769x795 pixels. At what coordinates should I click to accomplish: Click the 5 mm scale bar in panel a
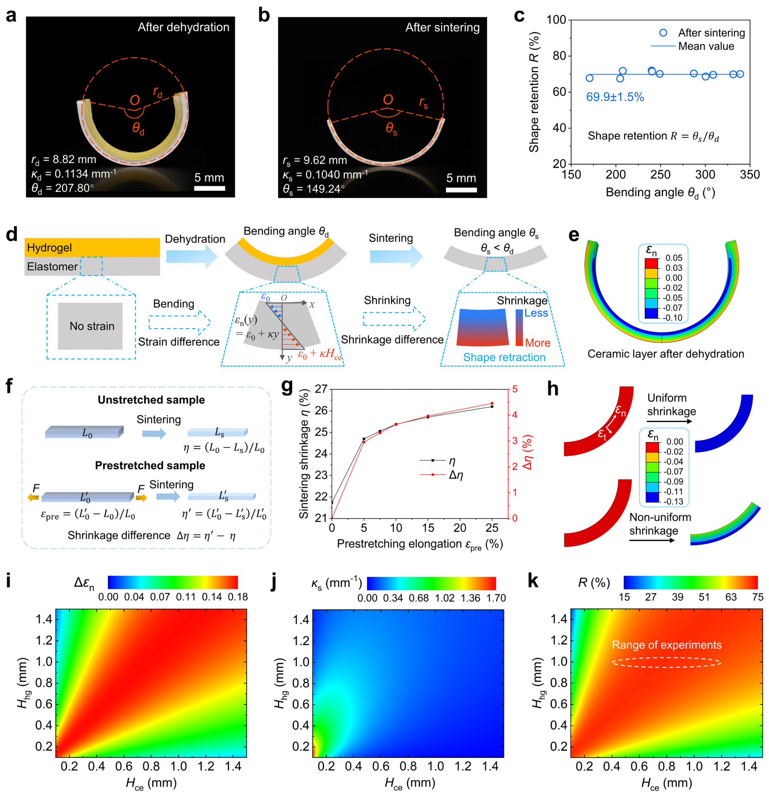[x=209, y=188]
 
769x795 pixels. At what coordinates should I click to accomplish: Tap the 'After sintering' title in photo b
[x=442, y=28]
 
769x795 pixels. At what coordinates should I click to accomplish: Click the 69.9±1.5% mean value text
[x=614, y=97]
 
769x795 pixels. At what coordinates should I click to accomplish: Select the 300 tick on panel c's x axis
[x=705, y=175]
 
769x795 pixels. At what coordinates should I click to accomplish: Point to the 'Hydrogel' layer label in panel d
[x=50, y=248]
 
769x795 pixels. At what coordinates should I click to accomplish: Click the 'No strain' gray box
[x=90, y=326]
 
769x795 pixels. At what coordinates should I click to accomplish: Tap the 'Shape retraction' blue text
[x=504, y=357]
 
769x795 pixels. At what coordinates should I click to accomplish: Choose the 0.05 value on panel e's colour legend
[x=674, y=258]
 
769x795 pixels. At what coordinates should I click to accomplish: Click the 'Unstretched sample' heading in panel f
[x=151, y=400]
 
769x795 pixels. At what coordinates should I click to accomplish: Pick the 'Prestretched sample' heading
[x=150, y=465]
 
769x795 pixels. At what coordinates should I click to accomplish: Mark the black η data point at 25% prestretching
[x=492, y=407]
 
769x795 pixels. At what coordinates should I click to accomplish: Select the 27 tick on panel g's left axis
[x=321, y=389]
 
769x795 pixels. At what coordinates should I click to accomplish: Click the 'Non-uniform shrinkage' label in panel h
[x=660, y=524]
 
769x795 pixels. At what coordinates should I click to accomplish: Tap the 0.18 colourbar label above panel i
[x=238, y=597]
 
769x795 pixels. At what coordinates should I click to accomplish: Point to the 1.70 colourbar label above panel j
[x=495, y=598]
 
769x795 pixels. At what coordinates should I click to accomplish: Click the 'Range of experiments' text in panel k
[x=666, y=645]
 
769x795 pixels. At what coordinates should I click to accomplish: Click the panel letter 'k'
[x=533, y=581]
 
